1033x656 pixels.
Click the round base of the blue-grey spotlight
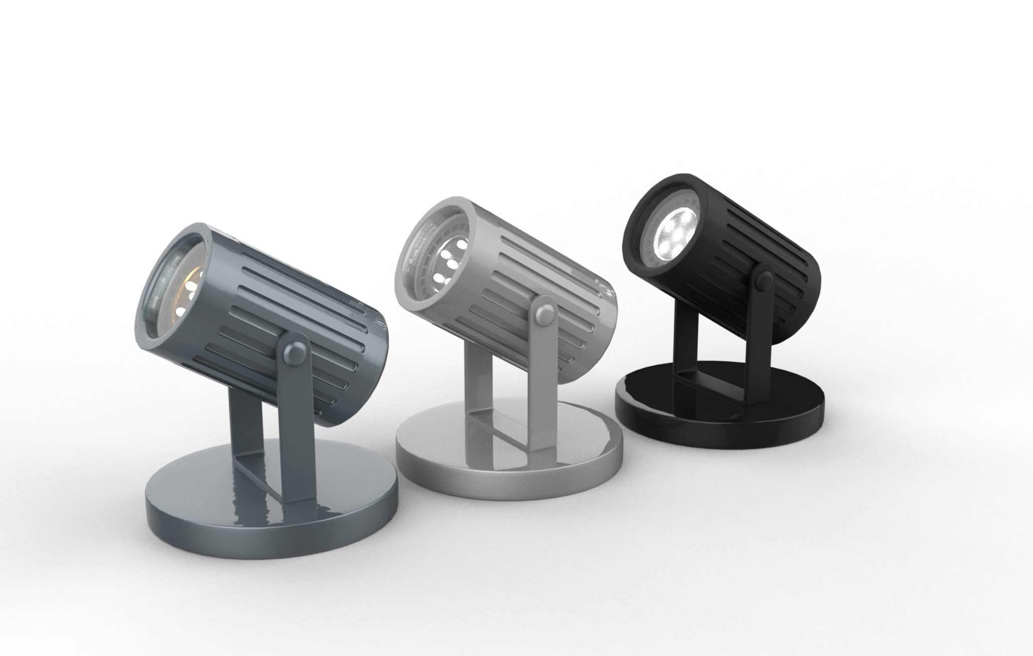pyautogui.click(x=271, y=507)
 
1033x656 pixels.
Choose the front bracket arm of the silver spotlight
pyautogui.click(x=542, y=381)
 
